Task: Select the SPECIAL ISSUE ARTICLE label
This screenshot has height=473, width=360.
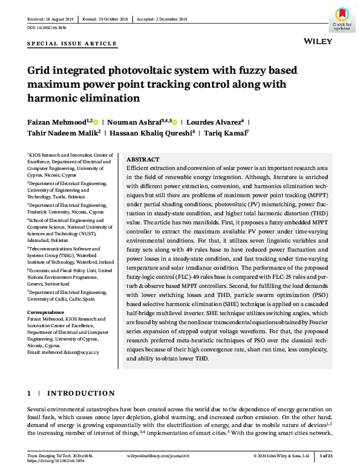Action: coord(72,44)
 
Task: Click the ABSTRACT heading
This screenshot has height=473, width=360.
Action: coord(143,159)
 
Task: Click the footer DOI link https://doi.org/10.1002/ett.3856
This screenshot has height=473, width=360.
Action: coord(53,461)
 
